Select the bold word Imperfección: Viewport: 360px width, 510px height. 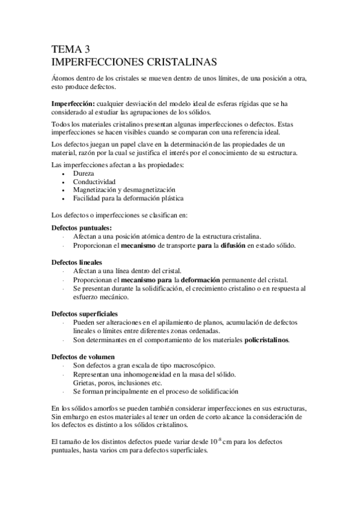click(73, 103)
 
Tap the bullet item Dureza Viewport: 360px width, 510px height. click(84, 173)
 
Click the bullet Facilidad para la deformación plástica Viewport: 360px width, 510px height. click(128, 198)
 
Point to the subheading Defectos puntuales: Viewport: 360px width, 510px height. click(81, 228)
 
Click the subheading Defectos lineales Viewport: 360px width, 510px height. click(77, 262)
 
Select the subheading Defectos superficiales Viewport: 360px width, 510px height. click(85, 314)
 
